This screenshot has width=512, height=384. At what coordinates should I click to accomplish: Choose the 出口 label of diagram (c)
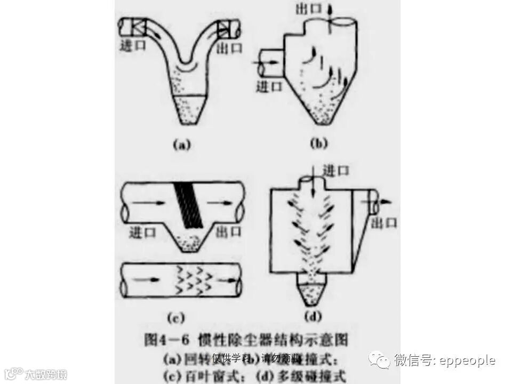pos(228,231)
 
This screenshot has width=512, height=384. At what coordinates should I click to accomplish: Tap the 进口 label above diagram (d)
pos(336,171)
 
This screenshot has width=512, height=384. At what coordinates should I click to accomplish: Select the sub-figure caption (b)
pos(318,144)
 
